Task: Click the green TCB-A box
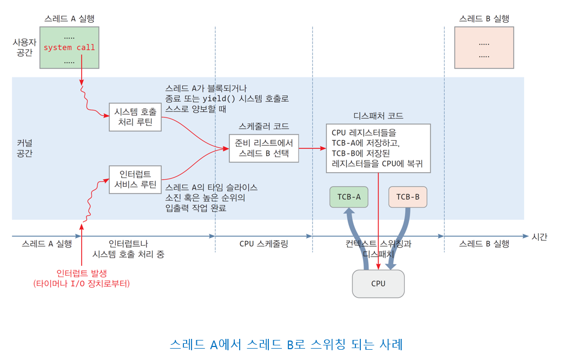349,197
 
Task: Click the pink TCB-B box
407,197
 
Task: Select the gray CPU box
378,284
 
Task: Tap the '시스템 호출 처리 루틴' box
135,117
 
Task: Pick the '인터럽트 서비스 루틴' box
135,179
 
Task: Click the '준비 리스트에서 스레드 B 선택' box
264,148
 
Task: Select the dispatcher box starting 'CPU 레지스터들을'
378,148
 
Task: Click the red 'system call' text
69,48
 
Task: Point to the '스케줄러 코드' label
264,126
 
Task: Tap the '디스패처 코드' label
378,116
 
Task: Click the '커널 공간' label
25,148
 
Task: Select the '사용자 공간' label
25,48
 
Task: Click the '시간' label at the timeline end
539,237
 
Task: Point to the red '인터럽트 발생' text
82,273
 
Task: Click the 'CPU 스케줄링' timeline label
264,244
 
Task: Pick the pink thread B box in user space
484,48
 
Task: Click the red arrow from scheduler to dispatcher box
312,148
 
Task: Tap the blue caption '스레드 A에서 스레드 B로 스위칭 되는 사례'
286,344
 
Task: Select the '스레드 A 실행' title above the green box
69,18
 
